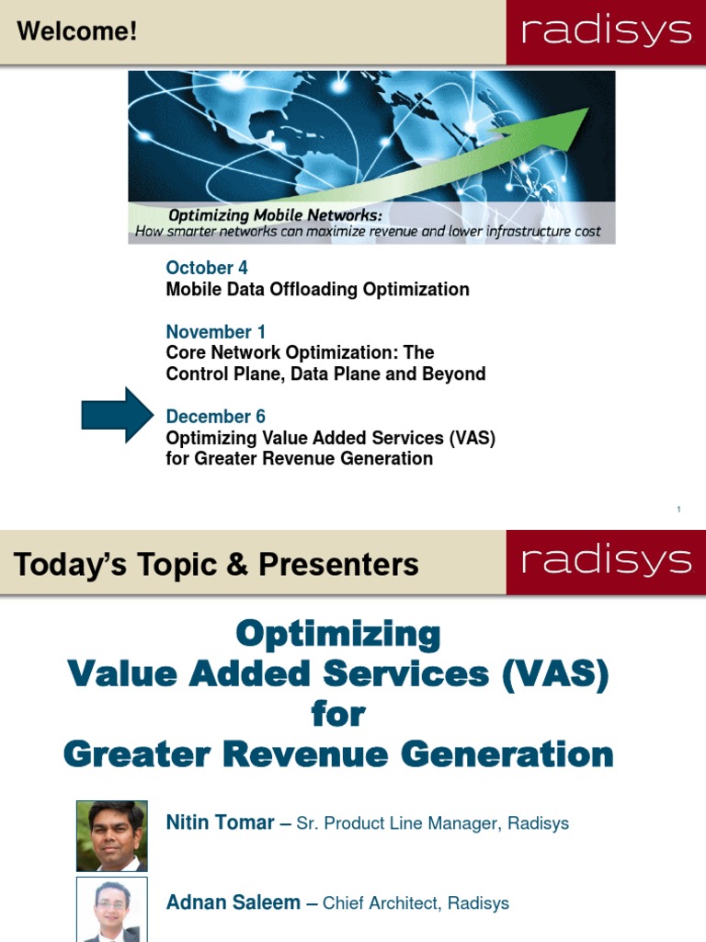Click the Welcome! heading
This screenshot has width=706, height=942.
(x=77, y=32)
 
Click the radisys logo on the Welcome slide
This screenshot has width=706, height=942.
(x=606, y=32)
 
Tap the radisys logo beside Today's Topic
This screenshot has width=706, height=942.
(x=606, y=561)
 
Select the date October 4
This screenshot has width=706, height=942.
(x=207, y=268)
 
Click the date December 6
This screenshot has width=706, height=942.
(x=215, y=417)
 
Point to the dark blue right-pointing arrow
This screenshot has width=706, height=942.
(x=117, y=416)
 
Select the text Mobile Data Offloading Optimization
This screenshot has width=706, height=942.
(x=317, y=290)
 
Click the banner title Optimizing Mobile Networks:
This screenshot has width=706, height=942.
(x=275, y=215)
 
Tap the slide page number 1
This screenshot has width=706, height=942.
(x=678, y=510)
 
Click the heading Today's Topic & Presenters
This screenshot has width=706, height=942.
(x=216, y=564)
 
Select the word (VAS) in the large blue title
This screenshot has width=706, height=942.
(x=555, y=674)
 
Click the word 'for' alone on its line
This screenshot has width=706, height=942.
(x=337, y=714)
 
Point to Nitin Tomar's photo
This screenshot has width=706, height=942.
(x=111, y=835)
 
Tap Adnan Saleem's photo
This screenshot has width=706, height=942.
(x=111, y=910)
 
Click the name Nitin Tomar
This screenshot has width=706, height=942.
(x=220, y=822)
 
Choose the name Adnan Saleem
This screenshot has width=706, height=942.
(x=233, y=902)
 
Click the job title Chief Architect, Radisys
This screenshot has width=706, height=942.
(x=416, y=903)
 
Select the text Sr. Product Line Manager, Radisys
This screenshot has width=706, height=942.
(x=432, y=823)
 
